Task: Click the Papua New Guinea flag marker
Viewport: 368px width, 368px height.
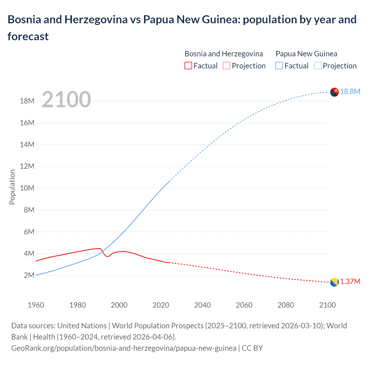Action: click(x=334, y=92)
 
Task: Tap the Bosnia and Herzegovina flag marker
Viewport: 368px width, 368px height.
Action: click(x=334, y=282)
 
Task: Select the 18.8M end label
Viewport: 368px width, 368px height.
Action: click(x=350, y=92)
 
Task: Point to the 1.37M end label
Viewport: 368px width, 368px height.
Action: click(x=350, y=282)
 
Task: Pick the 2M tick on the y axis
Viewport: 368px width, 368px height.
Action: click(x=29, y=275)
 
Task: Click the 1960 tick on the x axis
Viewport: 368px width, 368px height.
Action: click(x=36, y=305)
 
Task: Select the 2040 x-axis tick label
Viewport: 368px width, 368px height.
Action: click(x=202, y=305)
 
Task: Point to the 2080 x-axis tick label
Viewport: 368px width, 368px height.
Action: click(x=286, y=305)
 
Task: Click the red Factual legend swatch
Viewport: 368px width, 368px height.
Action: click(x=188, y=66)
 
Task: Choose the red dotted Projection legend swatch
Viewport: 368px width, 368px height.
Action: click(x=227, y=66)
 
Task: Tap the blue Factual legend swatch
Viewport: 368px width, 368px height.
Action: click(x=279, y=66)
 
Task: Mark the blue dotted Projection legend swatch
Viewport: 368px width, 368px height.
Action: click(x=317, y=66)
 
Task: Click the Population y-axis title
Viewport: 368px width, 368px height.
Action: click(x=12, y=187)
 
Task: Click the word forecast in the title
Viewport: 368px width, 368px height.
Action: click(x=28, y=37)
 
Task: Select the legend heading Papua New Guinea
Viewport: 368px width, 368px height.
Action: click(x=306, y=54)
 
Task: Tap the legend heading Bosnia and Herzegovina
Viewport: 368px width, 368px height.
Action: click(x=224, y=54)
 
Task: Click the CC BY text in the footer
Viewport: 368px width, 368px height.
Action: click(x=252, y=348)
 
